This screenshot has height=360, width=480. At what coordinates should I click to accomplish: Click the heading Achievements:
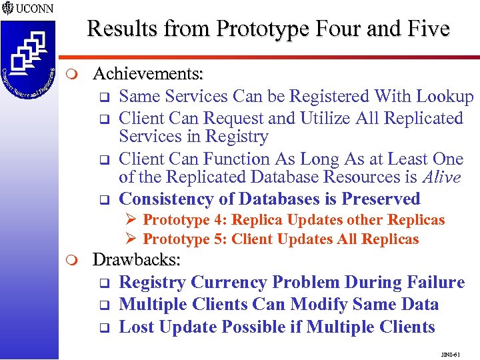[148, 72]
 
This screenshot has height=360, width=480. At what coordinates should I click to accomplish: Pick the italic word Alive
[437, 177]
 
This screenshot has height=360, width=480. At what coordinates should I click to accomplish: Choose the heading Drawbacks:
[137, 259]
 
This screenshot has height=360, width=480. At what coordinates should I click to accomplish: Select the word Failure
[431, 283]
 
